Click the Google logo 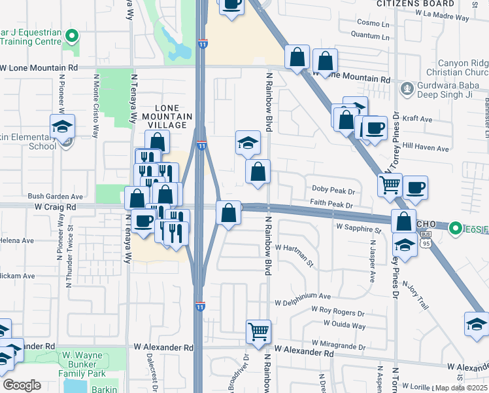[x=22, y=385]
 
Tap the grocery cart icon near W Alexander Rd [x=259, y=331]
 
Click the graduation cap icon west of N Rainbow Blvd [x=248, y=142]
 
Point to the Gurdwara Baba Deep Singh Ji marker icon [x=407, y=87]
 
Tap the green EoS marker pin [x=455, y=229]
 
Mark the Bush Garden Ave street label [x=56, y=196]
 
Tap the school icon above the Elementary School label [x=62, y=126]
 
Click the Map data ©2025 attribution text [x=462, y=388]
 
